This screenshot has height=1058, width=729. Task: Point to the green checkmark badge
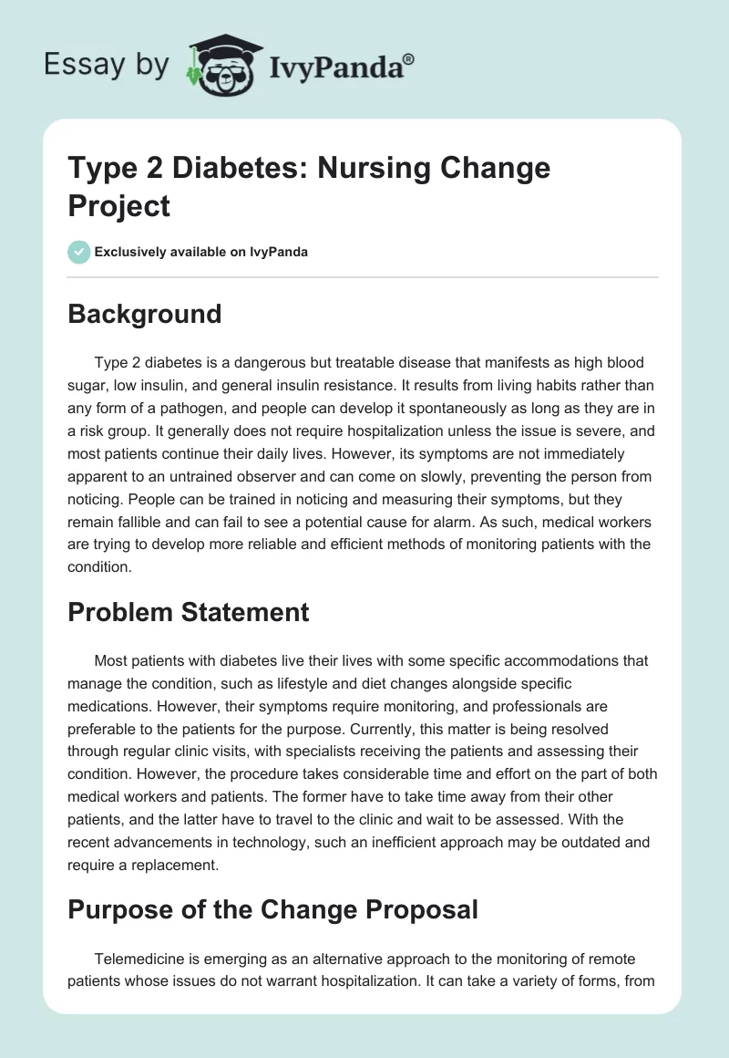pyautogui.click(x=79, y=252)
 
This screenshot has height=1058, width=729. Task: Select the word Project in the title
pyautogui.click(x=119, y=206)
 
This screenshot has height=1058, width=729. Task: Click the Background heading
pyautogui.click(x=145, y=314)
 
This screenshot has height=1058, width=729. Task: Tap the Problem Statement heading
pyautogui.click(x=189, y=611)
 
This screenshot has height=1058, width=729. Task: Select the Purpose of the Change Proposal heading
pyautogui.click(x=273, y=909)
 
